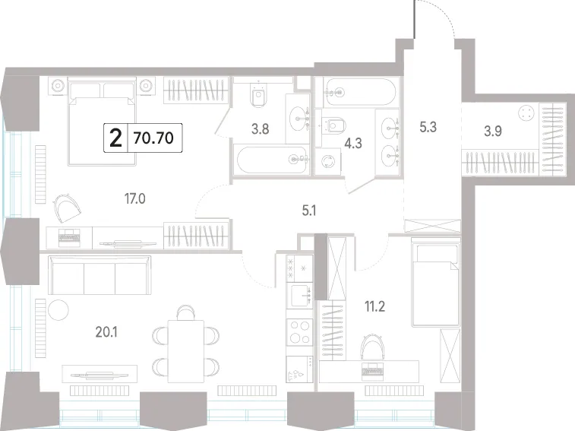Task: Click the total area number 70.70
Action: click(x=153, y=138)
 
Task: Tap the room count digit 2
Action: click(x=116, y=138)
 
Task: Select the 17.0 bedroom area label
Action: click(x=135, y=199)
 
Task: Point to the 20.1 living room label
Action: click(x=106, y=332)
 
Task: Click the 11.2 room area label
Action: click(x=374, y=306)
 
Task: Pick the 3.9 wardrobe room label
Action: click(x=493, y=131)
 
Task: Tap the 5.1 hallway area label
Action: click(x=309, y=211)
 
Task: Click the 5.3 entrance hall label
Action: click(x=428, y=127)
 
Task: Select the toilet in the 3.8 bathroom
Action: click(x=258, y=96)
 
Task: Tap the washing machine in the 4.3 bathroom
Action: click(x=327, y=162)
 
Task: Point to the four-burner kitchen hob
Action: click(x=299, y=332)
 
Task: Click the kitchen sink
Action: click(x=299, y=296)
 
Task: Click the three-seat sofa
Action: click(x=100, y=275)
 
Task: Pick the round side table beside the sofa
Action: click(x=58, y=310)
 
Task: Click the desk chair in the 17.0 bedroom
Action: click(x=67, y=208)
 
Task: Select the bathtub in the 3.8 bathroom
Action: click(x=272, y=160)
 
